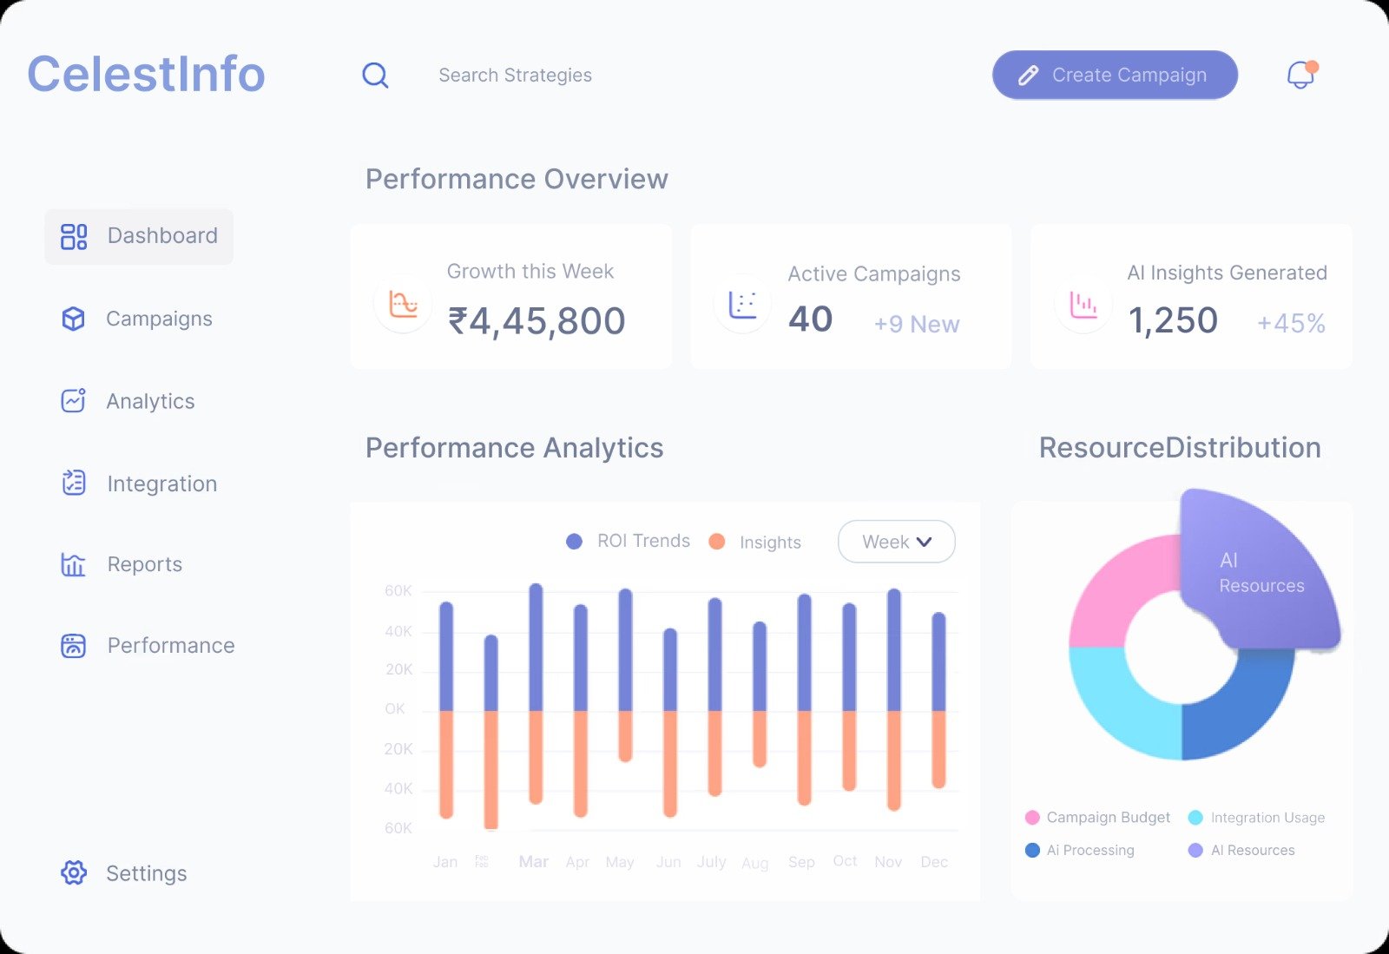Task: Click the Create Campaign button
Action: pos(1115,75)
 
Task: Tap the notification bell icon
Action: pos(1300,75)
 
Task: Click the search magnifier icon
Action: pos(375,76)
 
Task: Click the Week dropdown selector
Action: pos(896,542)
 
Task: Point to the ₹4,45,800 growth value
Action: pos(537,321)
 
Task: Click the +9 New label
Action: pos(916,324)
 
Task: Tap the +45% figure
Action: pos(1291,323)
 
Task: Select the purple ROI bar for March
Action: pos(536,647)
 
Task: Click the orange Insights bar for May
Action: pos(625,735)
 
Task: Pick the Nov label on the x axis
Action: pos(888,861)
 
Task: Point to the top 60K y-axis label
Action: pos(398,591)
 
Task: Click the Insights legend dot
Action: pos(717,542)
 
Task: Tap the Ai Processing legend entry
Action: pos(1081,850)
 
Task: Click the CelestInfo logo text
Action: pos(146,74)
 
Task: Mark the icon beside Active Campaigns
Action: pos(743,304)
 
